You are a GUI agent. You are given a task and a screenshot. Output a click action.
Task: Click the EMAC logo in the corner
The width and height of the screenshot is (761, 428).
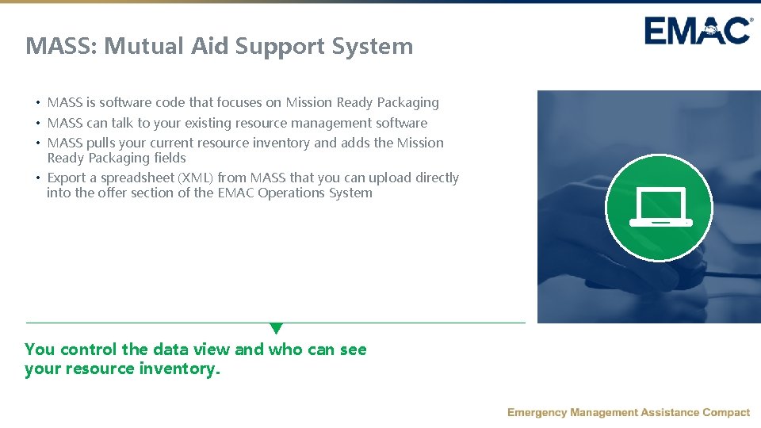(x=698, y=31)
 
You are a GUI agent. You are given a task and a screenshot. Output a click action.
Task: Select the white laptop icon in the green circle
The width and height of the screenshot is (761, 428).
(x=660, y=208)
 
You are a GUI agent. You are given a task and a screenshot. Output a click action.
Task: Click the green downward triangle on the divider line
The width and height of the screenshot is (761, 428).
(x=276, y=328)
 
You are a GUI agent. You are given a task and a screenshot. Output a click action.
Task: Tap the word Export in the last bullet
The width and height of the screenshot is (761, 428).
(x=67, y=178)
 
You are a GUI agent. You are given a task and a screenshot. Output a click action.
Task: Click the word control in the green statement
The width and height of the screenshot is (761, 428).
(x=88, y=350)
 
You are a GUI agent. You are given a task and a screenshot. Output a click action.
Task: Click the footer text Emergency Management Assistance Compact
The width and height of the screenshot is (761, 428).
(x=628, y=412)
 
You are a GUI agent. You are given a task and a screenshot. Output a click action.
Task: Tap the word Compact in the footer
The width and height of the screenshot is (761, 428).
(x=726, y=412)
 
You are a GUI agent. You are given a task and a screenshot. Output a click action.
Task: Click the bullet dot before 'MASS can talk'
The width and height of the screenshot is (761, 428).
(x=37, y=124)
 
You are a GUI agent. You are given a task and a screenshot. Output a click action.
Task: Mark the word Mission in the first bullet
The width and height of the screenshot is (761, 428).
(x=309, y=102)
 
